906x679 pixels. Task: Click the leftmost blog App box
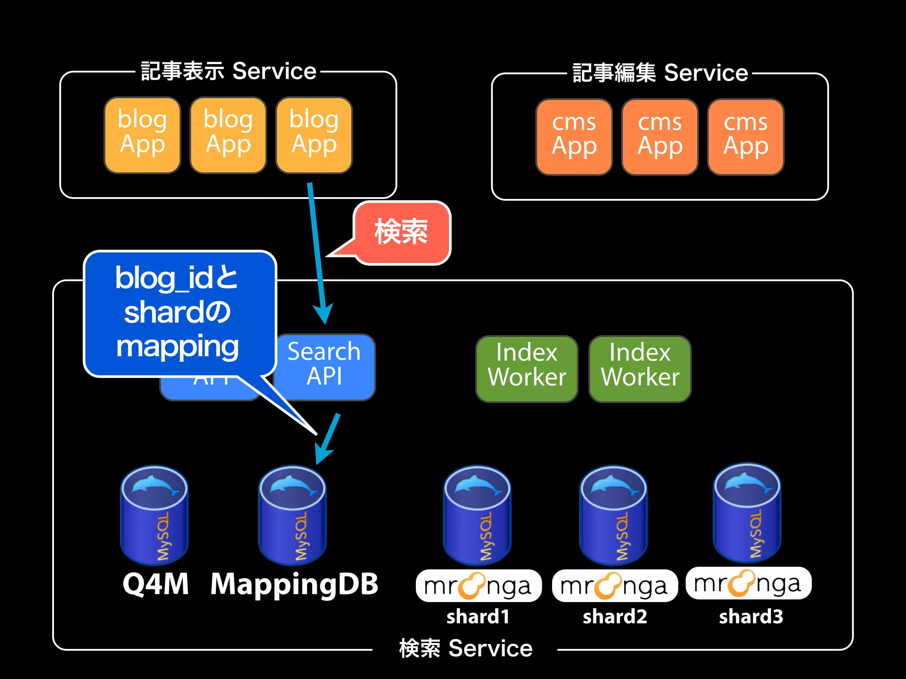(142, 135)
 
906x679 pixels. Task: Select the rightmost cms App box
(745, 137)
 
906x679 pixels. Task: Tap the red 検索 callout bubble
(402, 232)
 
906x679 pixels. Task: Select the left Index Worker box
(526, 368)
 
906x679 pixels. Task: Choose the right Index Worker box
(640, 368)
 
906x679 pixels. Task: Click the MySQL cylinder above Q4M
(154, 515)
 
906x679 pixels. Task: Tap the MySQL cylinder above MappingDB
(292, 515)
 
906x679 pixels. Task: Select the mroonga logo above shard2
(614, 586)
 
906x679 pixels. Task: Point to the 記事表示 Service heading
(228, 71)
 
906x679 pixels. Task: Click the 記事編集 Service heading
(660, 73)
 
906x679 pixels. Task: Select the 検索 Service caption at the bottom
(465, 648)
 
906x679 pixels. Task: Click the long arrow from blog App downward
(317, 252)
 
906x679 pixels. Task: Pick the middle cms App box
(660, 137)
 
